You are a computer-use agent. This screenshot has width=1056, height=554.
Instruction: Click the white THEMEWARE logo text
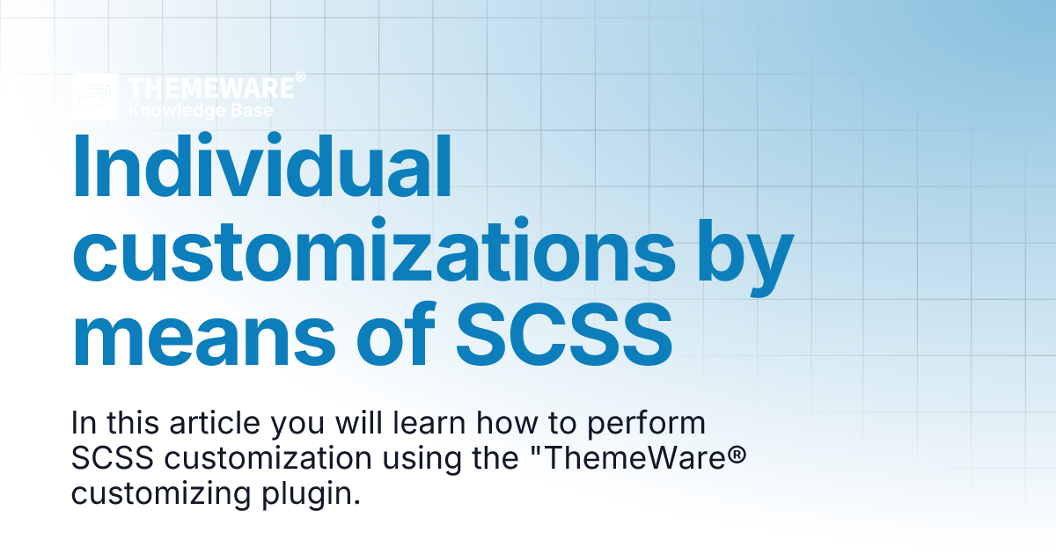point(210,89)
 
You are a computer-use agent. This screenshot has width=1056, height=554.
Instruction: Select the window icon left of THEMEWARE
point(95,97)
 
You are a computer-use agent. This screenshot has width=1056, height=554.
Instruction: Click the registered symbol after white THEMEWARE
point(300,78)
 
